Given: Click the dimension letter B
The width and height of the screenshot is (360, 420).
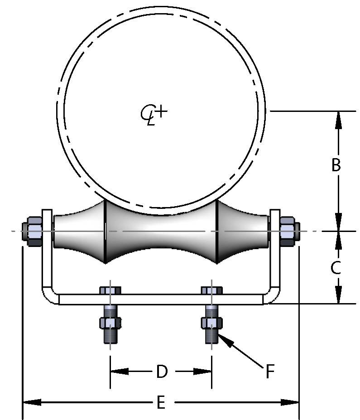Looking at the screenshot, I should click(x=336, y=165).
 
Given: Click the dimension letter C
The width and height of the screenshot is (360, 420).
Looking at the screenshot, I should click(x=336, y=268).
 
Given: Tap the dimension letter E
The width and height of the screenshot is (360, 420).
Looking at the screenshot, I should click(x=161, y=402).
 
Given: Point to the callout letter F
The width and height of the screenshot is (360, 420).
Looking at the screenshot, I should click(x=270, y=372).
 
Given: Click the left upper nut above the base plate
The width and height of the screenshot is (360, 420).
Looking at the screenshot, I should click(x=110, y=290).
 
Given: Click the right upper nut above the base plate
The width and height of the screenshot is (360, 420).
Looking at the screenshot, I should click(x=211, y=290).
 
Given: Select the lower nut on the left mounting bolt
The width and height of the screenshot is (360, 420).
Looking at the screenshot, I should click(x=110, y=323).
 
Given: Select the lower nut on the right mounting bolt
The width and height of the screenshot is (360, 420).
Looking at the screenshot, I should click(x=211, y=323).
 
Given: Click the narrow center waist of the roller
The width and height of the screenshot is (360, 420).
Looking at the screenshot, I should click(x=161, y=231).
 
